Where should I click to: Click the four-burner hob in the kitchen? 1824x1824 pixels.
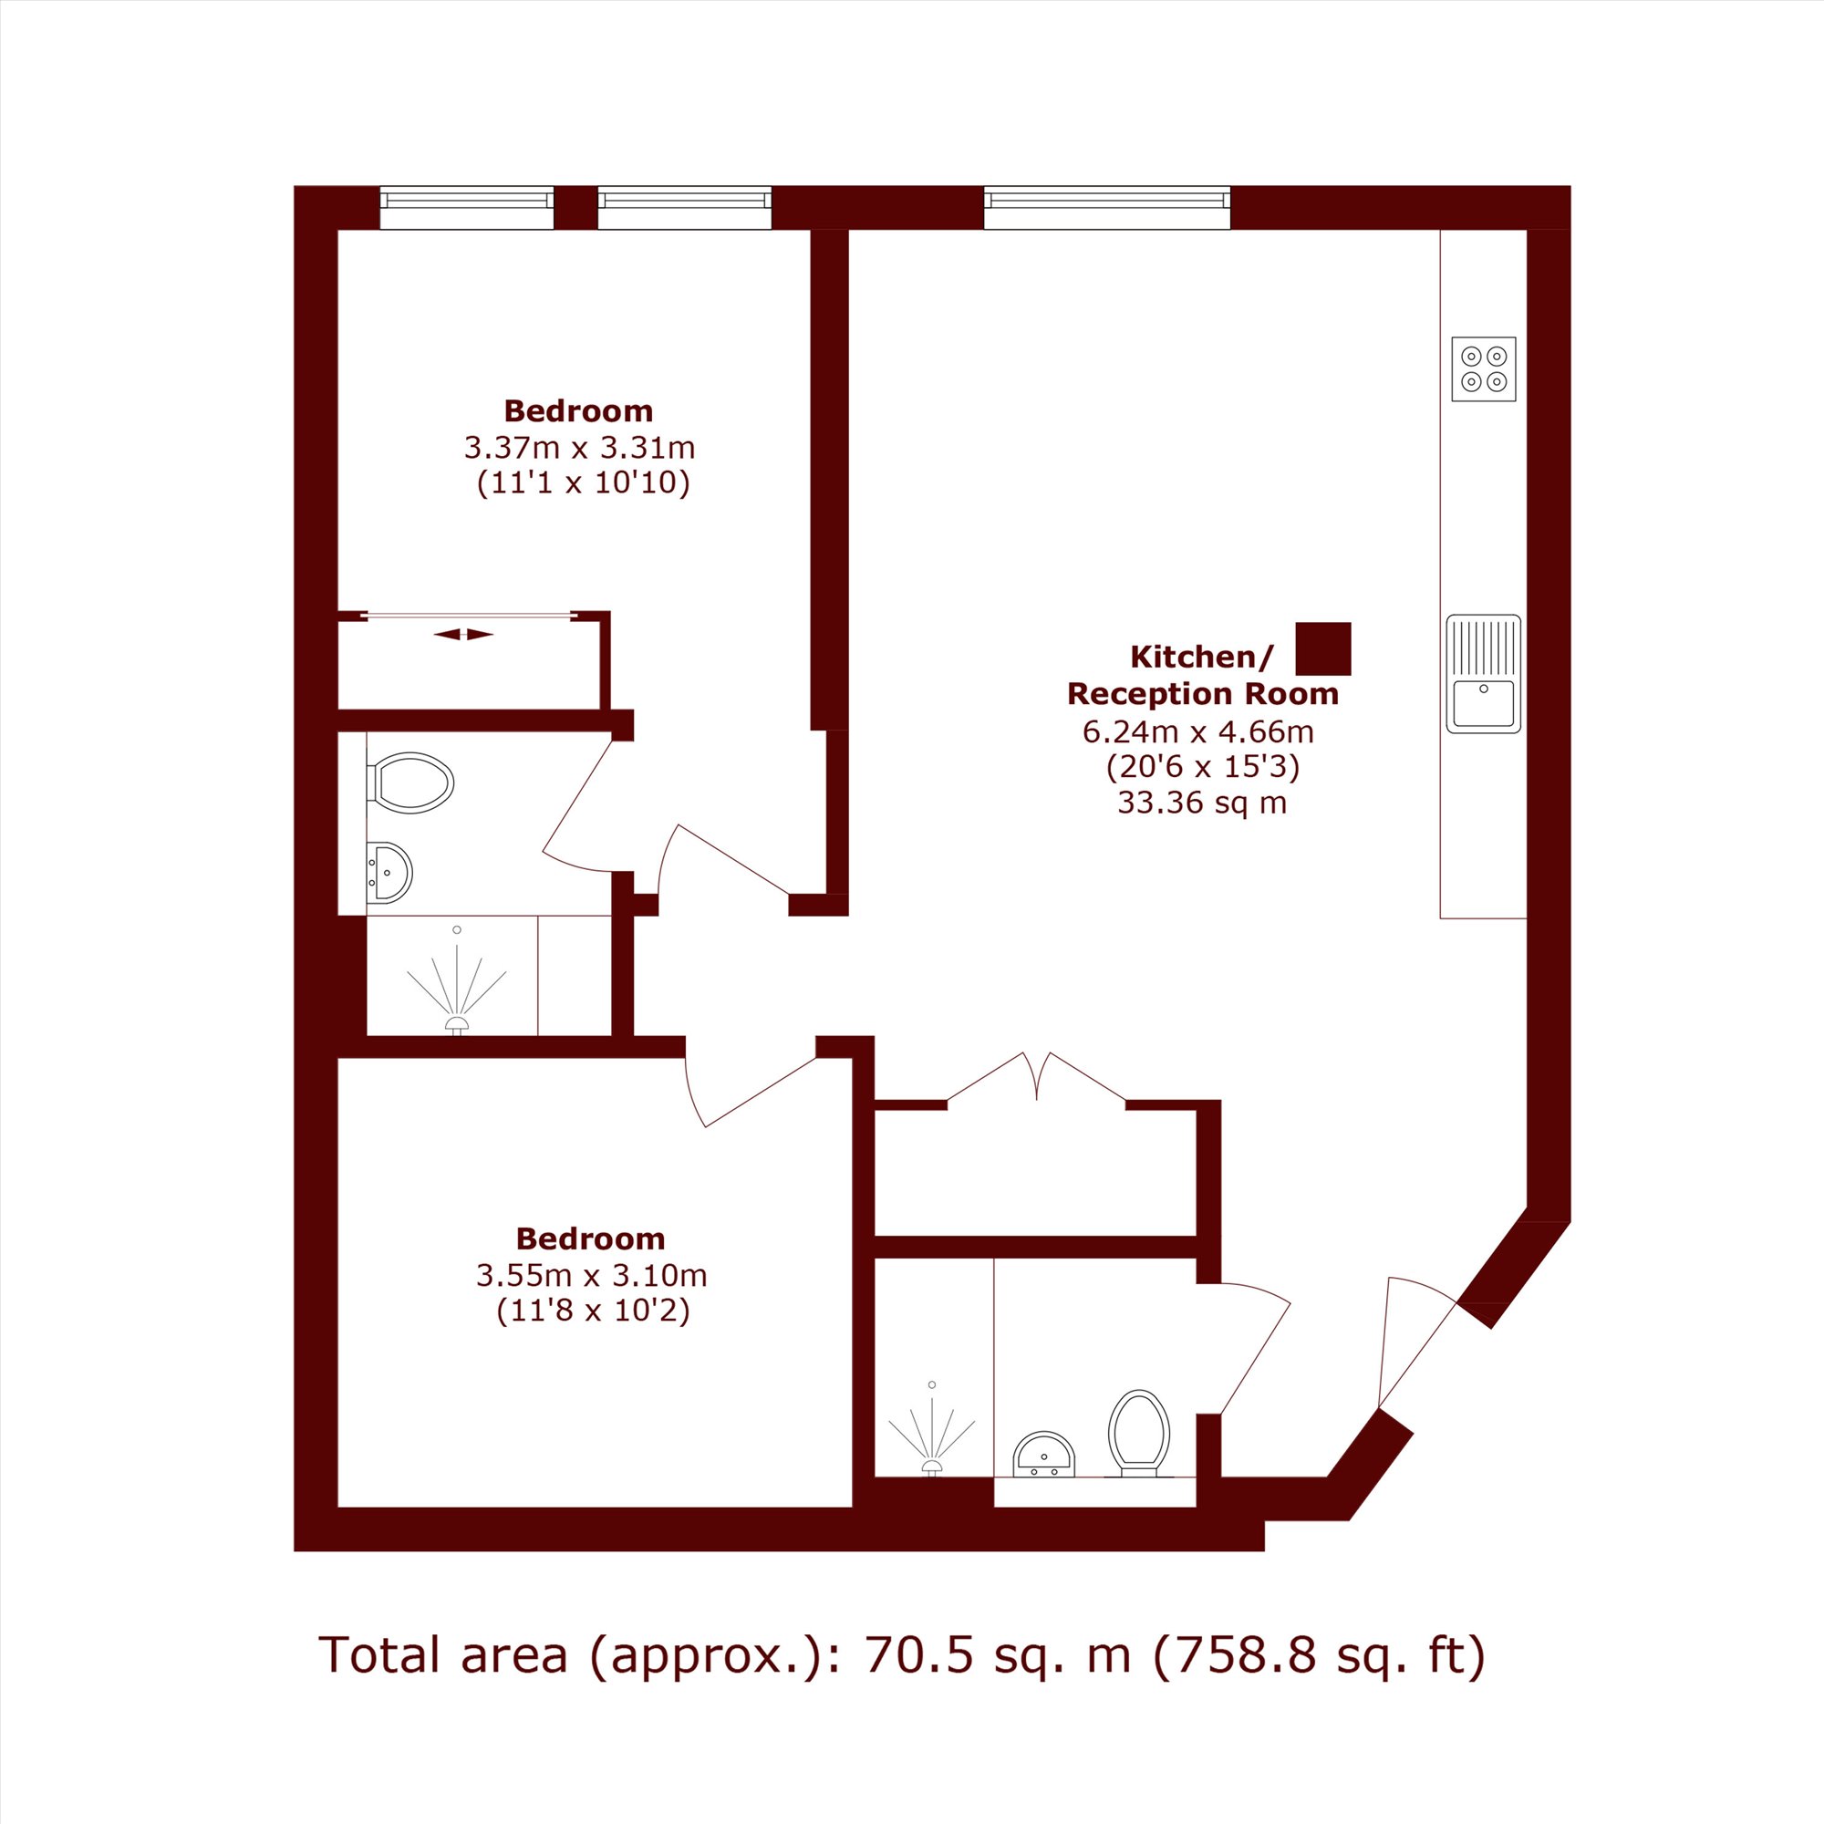[x=1483, y=369]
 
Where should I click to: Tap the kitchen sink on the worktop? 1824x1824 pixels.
[x=1483, y=673]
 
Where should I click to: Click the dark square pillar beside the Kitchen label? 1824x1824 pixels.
[x=1322, y=648]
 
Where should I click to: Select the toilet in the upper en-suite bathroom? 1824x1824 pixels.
[x=413, y=782]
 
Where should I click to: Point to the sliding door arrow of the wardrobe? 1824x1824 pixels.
[x=463, y=635]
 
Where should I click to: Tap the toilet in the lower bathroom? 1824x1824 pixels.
[x=1138, y=1431]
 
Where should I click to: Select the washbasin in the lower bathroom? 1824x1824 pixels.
[x=1043, y=1456]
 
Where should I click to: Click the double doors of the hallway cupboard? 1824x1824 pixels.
[x=1036, y=1077]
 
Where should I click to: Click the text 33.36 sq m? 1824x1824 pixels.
[x=1202, y=803]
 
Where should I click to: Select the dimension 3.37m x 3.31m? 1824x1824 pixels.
[x=579, y=448]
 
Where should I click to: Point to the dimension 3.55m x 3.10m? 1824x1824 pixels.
[x=591, y=1276]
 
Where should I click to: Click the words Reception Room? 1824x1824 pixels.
[x=1202, y=694]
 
